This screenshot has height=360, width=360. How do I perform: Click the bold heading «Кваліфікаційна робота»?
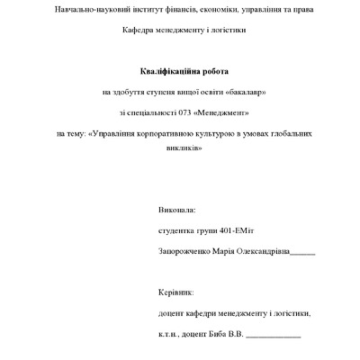179,70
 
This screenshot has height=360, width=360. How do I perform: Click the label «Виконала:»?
175,210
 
